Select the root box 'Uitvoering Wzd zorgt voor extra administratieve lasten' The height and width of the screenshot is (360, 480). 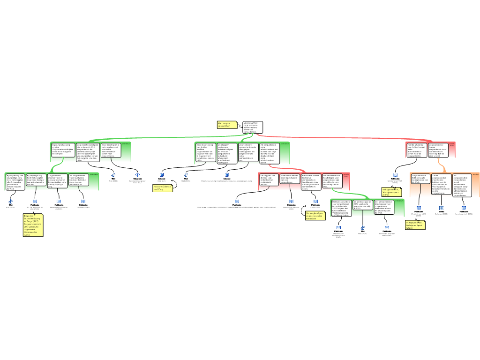coord(253,127)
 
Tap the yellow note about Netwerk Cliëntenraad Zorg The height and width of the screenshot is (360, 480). coord(163,188)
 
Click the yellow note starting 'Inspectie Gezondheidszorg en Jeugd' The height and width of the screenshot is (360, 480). coord(33,225)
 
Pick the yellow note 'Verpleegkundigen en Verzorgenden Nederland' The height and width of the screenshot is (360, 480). coord(315,215)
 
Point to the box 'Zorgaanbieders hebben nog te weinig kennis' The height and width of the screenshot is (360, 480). coord(420,180)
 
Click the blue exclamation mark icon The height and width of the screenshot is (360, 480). coord(138,175)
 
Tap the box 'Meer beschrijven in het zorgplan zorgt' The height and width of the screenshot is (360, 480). coord(111,150)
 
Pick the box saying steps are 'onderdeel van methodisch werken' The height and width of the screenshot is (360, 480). coord(269,180)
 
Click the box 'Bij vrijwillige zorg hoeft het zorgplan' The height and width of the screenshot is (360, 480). coord(36,180)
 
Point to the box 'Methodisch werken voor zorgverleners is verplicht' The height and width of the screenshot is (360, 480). coord(341,208)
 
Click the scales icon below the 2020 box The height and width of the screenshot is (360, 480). coord(362,228)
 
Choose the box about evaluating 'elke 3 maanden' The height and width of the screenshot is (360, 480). coord(15,181)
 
